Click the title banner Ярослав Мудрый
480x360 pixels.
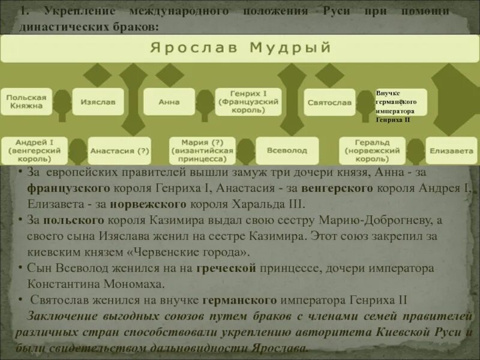pos(240,49)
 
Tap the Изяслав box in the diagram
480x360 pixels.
pos(98,102)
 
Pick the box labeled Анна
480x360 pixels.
pos(169,102)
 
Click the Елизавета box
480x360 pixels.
pos(451,151)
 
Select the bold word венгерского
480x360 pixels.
pos(337,188)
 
